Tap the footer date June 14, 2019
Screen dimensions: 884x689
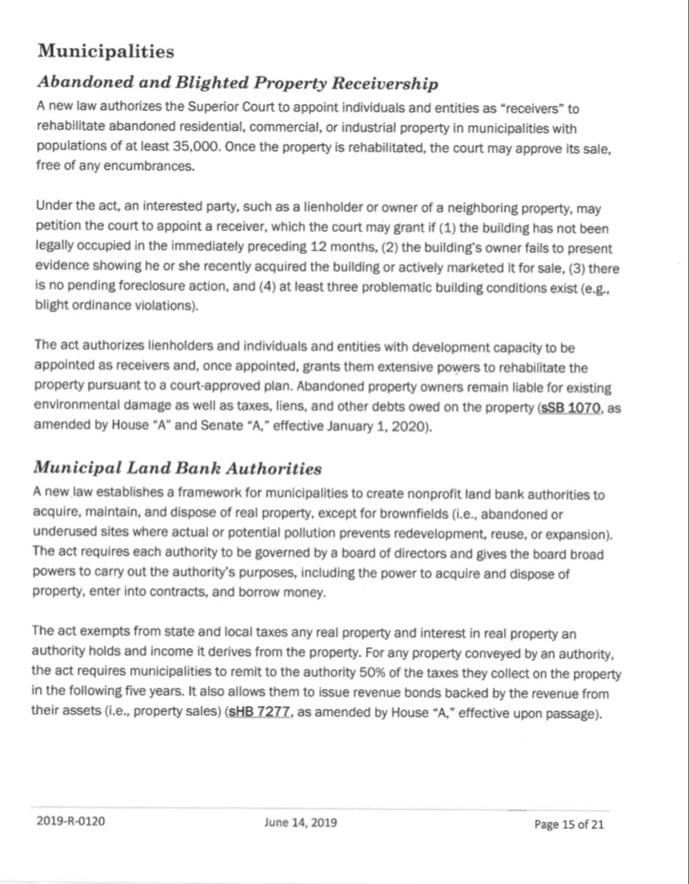(299, 822)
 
